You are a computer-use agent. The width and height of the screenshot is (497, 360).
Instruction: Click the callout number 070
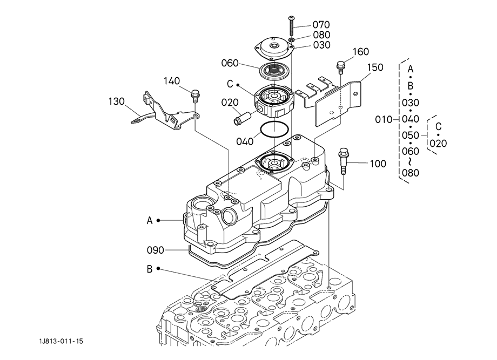click(321, 24)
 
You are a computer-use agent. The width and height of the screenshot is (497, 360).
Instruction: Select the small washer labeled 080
click(292, 39)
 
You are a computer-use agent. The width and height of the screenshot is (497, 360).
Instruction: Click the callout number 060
click(230, 63)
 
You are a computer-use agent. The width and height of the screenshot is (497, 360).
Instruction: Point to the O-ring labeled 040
click(274, 129)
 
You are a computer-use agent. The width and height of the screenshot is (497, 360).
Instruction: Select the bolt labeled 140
click(195, 96)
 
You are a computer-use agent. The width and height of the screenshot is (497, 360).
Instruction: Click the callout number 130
click(116, 101)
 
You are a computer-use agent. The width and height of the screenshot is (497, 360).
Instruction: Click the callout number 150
click(375, 67)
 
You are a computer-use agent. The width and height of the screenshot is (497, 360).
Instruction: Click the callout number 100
click(378, 164)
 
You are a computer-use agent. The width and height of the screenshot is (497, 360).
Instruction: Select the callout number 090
click(156, 250)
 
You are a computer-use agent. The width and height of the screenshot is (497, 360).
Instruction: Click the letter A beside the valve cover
click(150, 220)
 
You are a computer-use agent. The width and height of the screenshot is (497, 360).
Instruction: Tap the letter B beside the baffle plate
click(150, 269)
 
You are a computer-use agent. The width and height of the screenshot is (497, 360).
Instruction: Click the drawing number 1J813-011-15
click(61, 341)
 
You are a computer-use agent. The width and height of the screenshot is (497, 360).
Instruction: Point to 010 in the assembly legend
click(384, 120)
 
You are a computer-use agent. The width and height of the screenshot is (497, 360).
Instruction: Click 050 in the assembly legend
click(411, 135)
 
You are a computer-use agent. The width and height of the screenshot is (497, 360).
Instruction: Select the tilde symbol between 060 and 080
click(410, 162)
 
